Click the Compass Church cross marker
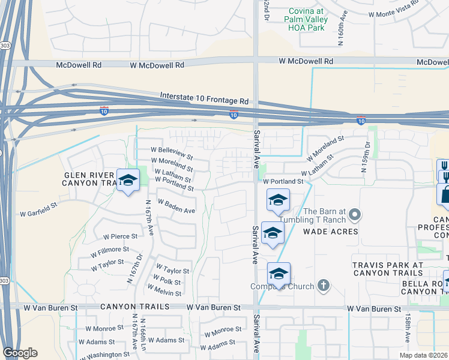(x=324, y=286)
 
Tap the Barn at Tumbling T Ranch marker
(x=355, y=214)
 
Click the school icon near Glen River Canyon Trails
(x=128, y=180)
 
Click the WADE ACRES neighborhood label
(x=330, y=232)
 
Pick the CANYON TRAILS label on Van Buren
(x=131, y=307)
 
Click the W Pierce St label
(x=120, y=236)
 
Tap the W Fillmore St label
(x=109, y=249)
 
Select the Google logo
(x=20, y=353)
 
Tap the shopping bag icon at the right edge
(x=445, y=194)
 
